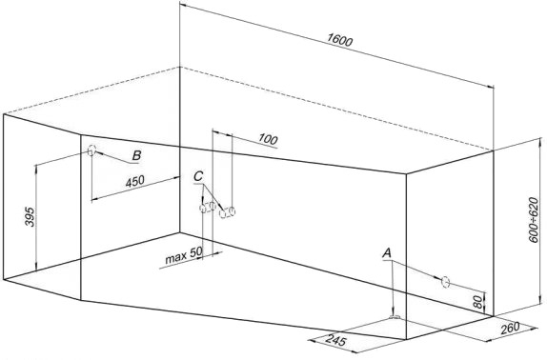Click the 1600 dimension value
(340, 40)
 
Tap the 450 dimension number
(134, 182)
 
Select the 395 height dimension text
(30, 217)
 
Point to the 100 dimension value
(268, 139)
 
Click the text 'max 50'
(184, 257)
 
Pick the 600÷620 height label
(534, 220)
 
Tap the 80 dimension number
(478, 302)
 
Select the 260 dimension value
(510, 328)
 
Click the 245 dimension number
(336, 340)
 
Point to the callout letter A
(387, 253)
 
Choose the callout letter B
(137, 155)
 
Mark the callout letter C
(198, 177)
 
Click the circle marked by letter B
(91, 150)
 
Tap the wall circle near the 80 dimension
(445, 282)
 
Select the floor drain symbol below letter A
(395, 317)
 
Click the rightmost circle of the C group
(232, 210)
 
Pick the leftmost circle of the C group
(203, 209)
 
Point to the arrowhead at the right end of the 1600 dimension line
(491, 87)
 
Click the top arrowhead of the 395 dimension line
(36, 168)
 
